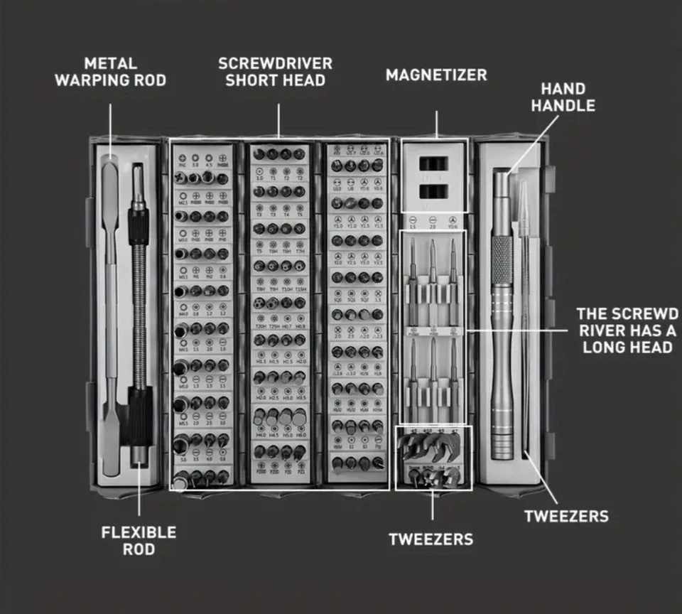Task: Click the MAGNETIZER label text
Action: (436, 75)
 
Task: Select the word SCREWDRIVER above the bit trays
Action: (275, 63)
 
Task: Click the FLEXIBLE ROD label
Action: (139, 541)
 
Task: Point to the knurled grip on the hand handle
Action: (502, 260)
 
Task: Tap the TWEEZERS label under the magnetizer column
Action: (431, 539)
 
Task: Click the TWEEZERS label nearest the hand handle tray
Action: (566, 516)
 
